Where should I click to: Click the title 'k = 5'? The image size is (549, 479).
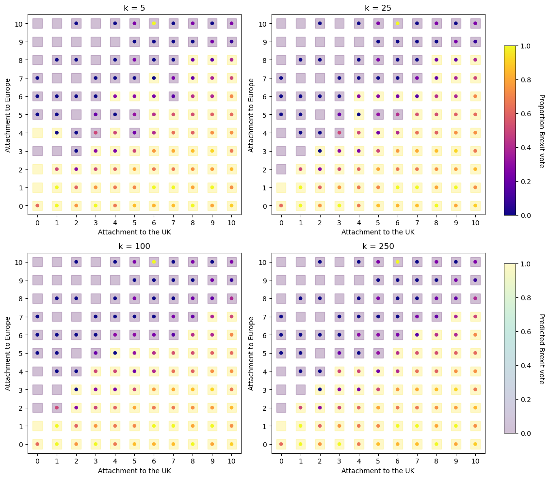(134, 7)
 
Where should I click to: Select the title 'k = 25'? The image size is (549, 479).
(378, 7)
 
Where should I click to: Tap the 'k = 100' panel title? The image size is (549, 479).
(134, 246)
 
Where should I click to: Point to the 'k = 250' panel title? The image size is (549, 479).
(378, 246)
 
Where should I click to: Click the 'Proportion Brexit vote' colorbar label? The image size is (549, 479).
(542, 131)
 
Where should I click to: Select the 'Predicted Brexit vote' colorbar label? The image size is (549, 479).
(542, 349)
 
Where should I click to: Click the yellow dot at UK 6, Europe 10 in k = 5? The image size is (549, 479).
(154, 23)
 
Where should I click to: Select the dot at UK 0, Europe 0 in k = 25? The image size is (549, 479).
(281, 205)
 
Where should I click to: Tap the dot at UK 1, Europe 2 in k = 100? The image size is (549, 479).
(57, 407)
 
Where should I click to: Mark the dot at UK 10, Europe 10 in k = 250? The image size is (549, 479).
(475, 262)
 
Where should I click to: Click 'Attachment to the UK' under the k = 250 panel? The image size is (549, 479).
(378, 470)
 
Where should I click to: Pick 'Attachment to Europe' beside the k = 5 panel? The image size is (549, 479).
(8, 114)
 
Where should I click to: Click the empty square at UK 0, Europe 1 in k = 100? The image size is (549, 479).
(37, 426)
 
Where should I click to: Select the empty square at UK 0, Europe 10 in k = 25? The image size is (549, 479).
(281, 23)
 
